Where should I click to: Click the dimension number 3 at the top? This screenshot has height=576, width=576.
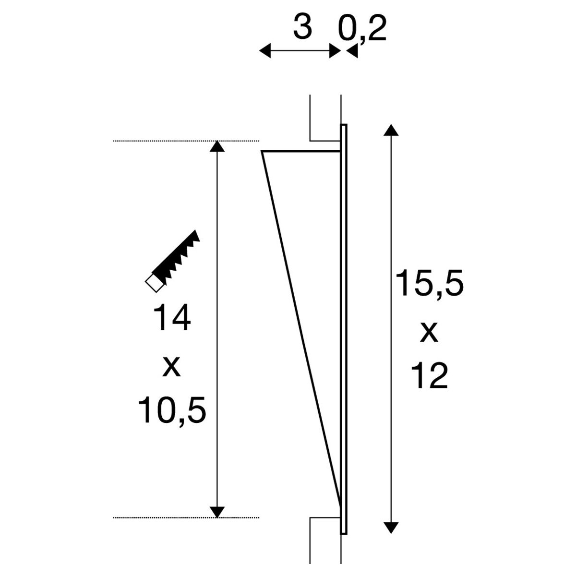(302, 27)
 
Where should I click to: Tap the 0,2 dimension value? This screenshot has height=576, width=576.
(362, 29)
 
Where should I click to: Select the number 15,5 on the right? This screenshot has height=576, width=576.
(430, 283)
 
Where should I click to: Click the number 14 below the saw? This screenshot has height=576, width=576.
(171, 317)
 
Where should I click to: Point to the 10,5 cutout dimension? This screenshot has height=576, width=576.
(172, 410)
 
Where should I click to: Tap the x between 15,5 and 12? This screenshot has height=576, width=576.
(429, 332)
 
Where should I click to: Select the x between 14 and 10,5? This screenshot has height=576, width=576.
(171, 366)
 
